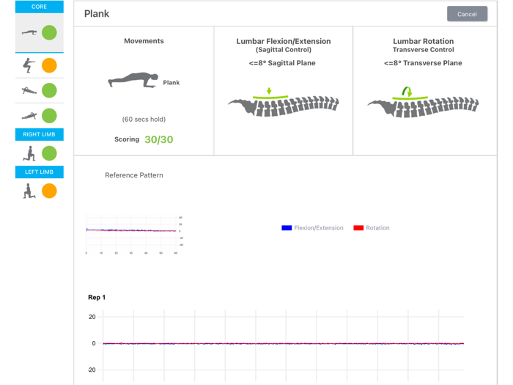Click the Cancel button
click(467, 14)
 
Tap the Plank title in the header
click(97, 14)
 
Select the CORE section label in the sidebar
click(39, 7)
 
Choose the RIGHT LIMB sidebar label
click(39, 134)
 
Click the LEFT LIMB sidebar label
click(39, 172)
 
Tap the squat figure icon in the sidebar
click(29, 65)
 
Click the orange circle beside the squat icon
click(49, 65)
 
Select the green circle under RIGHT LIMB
click(49, 153)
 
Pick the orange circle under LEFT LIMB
click(49, 191)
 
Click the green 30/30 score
click(158, 139)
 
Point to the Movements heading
click(144, 41)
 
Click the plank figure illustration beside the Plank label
click(133, 81)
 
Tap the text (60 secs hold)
click(144, 119)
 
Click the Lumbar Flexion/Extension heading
click(283, 42)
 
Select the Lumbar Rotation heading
click(423, 42)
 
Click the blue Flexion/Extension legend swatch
click(287, 228)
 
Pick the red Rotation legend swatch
click(358, 228)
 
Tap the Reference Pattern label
click(134, 175)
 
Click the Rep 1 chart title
click(97, 297)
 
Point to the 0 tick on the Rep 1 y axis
click(93, 343)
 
